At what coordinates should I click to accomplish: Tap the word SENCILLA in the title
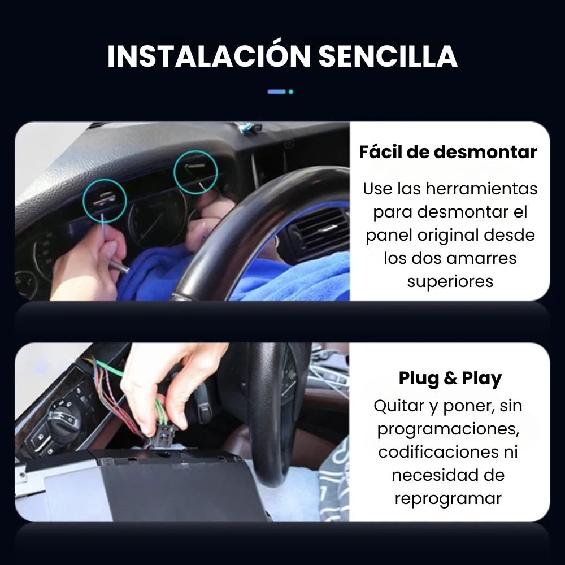(x=388, y=56)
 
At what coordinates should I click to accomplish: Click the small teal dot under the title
(x=291, y=92)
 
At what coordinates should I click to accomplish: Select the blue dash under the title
(x=277, y=92)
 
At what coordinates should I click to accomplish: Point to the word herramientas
(x=482, y=189)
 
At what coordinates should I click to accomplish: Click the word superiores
(x=450, y=282)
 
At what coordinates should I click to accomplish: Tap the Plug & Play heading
(x=450, y=379)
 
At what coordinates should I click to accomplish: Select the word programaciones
(x=448, y=429)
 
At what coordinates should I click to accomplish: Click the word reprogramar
(x=448, y=499)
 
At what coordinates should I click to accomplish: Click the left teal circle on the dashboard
(x=105, y=180)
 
